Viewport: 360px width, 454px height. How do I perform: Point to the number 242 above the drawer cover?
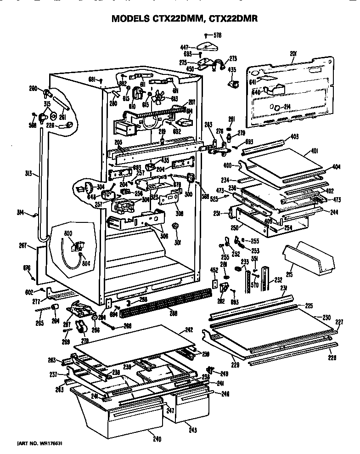coord(202,329)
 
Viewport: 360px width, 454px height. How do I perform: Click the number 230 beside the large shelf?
coord(326,317)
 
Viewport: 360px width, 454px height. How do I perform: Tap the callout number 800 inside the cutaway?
coord(68,233)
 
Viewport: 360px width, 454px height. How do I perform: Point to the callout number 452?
coord(214,270)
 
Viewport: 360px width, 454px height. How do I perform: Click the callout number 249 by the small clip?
coord(225,373)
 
